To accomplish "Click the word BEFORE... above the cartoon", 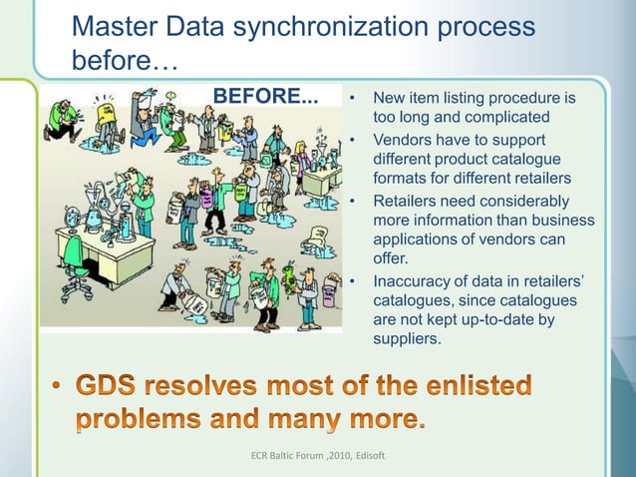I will (266, 97).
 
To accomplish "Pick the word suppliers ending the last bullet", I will (405, 339).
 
